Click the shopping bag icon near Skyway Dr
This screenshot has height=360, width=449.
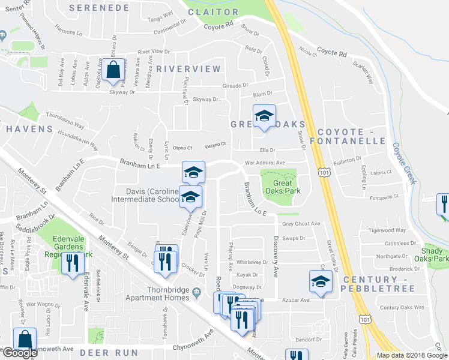coord(113,70)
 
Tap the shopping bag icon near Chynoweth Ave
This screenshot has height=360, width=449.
coord(26,340)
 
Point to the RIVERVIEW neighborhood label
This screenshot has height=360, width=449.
coord(188,69)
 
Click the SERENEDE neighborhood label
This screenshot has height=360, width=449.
coord(99,8)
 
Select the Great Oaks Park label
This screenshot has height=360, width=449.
coord(282,189)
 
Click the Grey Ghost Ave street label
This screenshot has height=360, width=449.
coord(301,224)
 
